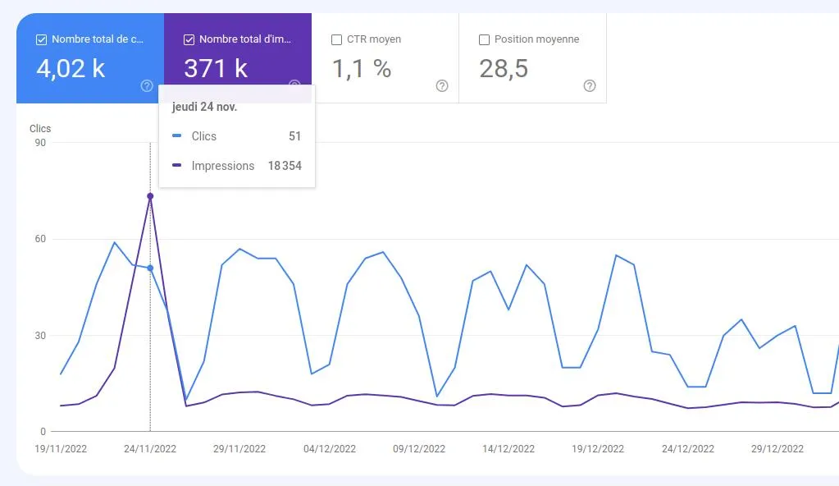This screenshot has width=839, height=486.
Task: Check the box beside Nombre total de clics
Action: [41, 39]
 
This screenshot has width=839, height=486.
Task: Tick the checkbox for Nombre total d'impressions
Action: [189, 39]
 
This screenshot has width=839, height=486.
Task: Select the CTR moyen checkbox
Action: [336, 39]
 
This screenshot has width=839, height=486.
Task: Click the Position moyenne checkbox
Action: [484, 39]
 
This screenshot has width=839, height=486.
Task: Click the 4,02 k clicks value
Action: [71, 69]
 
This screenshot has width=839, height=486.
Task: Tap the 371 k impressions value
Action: [216, 69]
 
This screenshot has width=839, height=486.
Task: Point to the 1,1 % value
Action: [362, 69]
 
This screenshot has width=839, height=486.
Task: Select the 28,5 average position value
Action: [504, 69]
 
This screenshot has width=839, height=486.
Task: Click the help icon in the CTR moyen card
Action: [442, 86]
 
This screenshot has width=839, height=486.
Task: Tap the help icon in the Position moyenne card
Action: [590, 86]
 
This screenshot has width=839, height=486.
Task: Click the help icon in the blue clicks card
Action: [147, 86]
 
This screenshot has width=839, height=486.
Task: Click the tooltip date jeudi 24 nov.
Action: [204, 108]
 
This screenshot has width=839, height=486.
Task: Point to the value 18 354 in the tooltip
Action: [285, 166]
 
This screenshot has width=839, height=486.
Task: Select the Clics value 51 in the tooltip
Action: [294, 136]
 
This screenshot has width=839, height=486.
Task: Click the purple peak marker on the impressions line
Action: [150, 196]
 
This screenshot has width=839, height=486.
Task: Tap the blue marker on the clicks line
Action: [150, 268]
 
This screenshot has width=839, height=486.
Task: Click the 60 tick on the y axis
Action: [39, 240]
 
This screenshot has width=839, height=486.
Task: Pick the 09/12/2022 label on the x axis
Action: [420, 449]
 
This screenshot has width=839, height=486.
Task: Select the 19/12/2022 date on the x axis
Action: [597, 449]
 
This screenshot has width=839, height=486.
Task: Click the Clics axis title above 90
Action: [40, 129]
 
